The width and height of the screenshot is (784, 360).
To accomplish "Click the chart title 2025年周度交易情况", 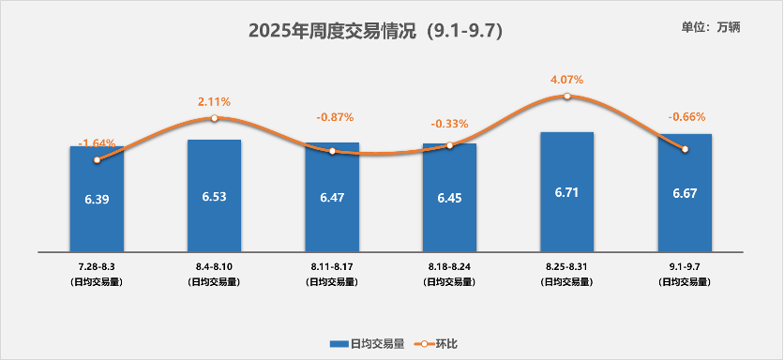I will point(375,31).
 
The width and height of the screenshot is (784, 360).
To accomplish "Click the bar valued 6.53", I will point(214,196).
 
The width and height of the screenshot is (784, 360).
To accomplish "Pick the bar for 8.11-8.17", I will point(332,198).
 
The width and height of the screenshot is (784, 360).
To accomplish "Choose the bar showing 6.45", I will point(449,198).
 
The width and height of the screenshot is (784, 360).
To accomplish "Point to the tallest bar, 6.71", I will point(567,192).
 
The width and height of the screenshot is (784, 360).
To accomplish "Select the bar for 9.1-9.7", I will point(685,193).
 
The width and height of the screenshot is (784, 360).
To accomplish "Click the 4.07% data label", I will point(566,80).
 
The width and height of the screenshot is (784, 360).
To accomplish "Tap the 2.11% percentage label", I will point(214,101).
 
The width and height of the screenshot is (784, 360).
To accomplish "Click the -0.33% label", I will point(449,124).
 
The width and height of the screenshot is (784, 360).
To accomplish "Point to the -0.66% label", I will point(686,117).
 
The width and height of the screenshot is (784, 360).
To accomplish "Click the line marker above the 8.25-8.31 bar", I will point(567,96).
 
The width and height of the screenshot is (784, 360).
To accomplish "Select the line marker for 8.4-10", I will point(214,118).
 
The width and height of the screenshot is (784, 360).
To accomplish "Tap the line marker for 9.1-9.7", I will point(685,149).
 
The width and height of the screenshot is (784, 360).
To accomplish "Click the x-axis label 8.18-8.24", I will point(449,268).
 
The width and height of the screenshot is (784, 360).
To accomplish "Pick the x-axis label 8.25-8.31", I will point(567,268).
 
